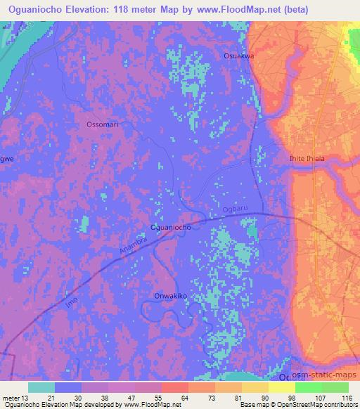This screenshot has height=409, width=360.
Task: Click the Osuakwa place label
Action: pyautogui.click(x=238, y=56)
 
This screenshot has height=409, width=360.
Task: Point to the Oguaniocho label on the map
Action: pyautogui.click(x=169, y=228)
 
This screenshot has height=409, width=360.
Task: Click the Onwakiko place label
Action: pyautogui.click(x=170, y=297)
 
